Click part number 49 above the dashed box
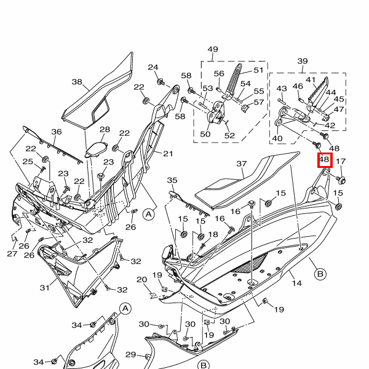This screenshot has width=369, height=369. coord(213,49)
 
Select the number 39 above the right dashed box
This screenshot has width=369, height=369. coord(302,61)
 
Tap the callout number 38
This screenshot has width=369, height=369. coord(77,82)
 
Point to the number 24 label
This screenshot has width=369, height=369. coord(153,68)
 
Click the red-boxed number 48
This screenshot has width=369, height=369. coord(325,161)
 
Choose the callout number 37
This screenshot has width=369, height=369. coord(241,164)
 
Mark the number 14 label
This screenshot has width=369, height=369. coord(296,284)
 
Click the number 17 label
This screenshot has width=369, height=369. coord(342,162)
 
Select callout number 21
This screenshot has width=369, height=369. coord(168,153)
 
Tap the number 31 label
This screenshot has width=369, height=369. coord(44,287)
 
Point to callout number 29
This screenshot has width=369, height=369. coord(130,354)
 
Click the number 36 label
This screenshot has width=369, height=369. coord(56,132)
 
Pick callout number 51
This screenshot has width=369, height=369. coord(258,71)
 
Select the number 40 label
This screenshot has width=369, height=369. coord(277,138)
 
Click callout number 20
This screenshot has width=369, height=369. coord(141,280)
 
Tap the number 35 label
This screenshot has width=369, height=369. coord(172,180)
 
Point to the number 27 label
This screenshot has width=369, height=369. coord(12,253)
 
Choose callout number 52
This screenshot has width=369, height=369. coord(229,136)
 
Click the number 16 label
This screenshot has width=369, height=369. coord(236,212)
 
